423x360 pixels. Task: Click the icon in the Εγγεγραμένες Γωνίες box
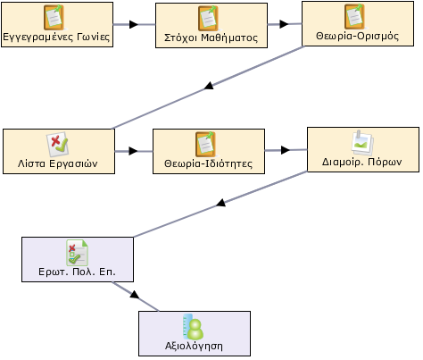54,18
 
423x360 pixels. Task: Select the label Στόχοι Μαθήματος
211,38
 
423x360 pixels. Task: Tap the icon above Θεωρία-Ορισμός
355,16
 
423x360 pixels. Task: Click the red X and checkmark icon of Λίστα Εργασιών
57,145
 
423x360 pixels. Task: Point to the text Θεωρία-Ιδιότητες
208,163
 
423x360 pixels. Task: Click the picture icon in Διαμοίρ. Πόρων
362,142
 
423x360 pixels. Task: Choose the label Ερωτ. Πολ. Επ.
77,272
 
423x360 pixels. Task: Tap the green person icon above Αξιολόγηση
194,326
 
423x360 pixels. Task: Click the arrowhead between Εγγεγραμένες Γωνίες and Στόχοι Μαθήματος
134,24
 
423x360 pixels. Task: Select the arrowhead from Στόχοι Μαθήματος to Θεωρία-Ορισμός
284,24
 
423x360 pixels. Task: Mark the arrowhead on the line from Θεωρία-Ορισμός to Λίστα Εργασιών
209,86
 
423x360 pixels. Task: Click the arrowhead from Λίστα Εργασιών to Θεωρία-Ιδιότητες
133,151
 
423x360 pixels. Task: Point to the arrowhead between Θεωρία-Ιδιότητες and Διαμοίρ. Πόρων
286,150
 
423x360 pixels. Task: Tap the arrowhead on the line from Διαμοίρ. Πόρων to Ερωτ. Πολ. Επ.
220,203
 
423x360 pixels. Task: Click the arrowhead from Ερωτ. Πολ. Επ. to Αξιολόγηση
135,295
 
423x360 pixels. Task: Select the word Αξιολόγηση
194,346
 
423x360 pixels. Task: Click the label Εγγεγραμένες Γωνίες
56,37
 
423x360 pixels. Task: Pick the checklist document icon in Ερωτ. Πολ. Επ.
78,253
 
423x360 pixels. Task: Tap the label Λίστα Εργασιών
58,163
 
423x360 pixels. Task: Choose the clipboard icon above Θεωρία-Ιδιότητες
205,145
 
